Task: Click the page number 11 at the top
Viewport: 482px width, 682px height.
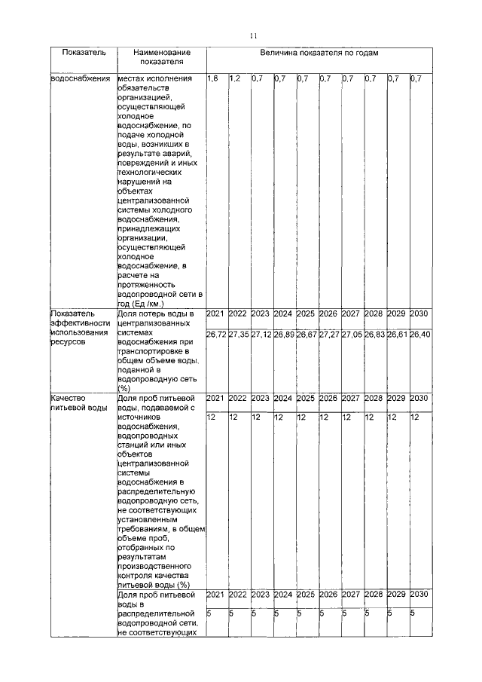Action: tap(254, 35)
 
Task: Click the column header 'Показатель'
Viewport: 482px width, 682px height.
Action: tap(79, 53)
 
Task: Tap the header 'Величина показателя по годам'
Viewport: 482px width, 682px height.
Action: tap(319, 53)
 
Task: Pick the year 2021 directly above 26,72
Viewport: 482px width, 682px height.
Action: tap(215, 313)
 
